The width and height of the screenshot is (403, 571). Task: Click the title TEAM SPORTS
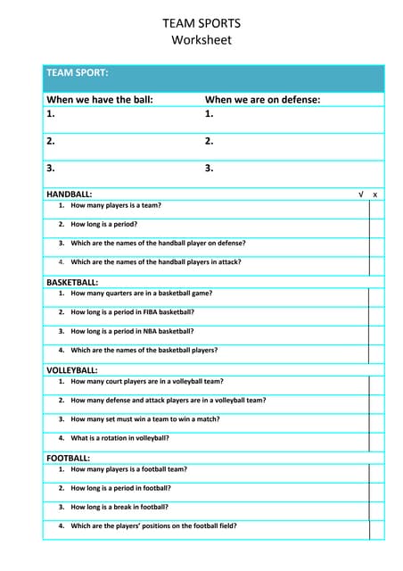click(x=201, y=23)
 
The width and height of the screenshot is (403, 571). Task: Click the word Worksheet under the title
click(x=201, y=40)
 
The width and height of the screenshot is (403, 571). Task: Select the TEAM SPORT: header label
click(x=78, y=72)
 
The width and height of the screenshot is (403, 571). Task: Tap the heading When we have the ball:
click(x=100, y=100)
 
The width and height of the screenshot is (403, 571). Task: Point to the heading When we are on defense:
click(x=263, y=100)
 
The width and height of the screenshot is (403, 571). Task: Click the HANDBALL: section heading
click(x=69, y=194)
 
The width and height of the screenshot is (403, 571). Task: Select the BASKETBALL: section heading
click(x=72, y=282)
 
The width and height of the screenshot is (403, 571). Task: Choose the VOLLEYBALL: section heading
click(x=72, y=369)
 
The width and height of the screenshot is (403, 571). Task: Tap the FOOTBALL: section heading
click(x=68, y=458)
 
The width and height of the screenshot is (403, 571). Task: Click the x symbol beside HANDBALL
click(x=375, y=194)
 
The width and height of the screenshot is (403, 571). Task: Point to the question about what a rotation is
click(x=119, y=438)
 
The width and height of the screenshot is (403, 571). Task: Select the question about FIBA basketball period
click(x=132, y=312)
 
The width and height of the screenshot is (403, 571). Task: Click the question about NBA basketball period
click(x=132, y=331)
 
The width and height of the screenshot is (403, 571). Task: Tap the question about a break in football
click(x=121, y=507)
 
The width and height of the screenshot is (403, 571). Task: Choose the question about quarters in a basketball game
click(x=141, y=293)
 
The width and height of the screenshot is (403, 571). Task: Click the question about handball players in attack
click(x=156, y=262)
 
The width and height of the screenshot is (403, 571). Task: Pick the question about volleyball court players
click(x=147, y=381)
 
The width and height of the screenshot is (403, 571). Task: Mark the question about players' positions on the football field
click(x=153, y=525)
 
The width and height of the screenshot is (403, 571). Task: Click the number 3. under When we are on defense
click(x=210, y=167)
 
